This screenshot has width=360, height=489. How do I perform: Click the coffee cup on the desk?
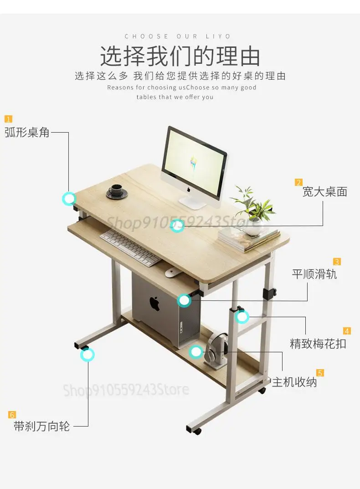[116, 191]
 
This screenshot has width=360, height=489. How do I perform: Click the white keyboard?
[130, 248]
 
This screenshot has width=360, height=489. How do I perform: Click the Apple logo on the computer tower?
[154, 303]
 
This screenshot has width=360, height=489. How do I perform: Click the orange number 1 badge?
[8, 119]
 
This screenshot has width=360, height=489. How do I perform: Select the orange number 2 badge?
[298, 182]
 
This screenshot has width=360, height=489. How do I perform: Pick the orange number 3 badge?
[337, 262]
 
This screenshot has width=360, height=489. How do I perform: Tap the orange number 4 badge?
[347, 331]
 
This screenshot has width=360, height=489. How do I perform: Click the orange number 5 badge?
[320, 373]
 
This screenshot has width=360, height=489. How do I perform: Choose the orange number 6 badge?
[12, 415]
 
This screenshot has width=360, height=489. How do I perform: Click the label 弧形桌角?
[27, 133]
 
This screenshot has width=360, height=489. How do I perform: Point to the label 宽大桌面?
[324, 192]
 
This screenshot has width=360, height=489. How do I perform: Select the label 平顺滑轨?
[314, 274]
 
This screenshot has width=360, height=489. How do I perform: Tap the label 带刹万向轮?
[41, 427]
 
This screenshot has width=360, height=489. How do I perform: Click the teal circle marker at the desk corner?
[69, 198]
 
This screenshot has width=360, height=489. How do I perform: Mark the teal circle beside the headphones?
[196, 351]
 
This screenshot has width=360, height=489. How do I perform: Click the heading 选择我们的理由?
[180, 56]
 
